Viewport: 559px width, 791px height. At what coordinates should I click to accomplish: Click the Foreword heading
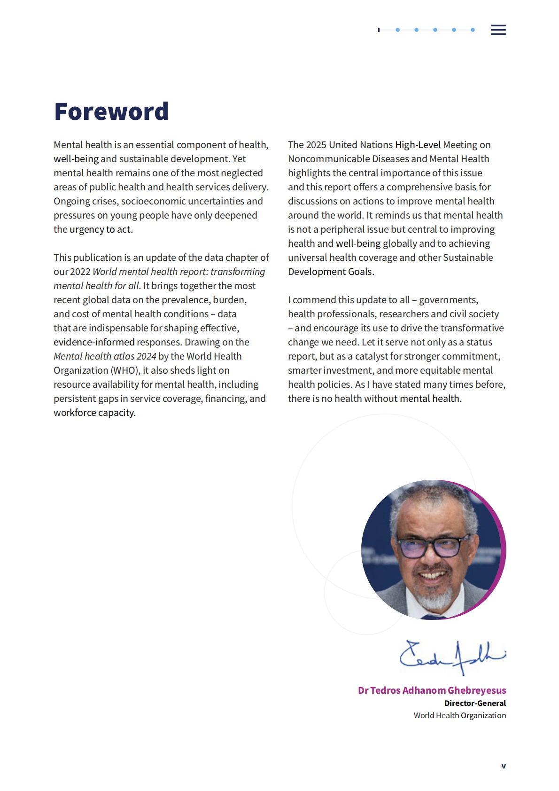point(111,112)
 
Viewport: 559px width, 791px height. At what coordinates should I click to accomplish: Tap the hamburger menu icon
point(498,30)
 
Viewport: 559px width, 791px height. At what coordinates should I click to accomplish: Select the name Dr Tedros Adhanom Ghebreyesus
point(432,690)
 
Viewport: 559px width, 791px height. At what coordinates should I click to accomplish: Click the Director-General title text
point(475,703)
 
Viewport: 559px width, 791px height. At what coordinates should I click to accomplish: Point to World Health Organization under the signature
point(459,715)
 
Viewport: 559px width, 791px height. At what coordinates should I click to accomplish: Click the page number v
point(504,766)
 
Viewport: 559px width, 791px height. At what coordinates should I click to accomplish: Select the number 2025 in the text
point(316,145)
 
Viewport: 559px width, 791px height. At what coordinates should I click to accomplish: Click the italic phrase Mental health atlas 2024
point(105,356)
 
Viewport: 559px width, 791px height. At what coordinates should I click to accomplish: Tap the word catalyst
point(372,356)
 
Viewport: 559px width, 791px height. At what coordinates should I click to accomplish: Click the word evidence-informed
point(94,342)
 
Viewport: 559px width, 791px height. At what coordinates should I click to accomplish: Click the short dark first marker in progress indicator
point(379,30)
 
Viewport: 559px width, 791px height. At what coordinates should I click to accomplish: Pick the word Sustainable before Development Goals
point(468,258)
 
